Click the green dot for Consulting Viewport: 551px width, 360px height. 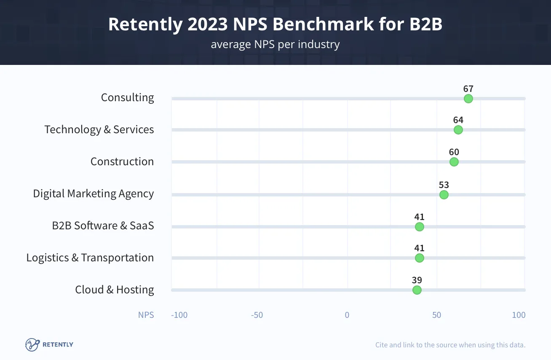tap(468, 99)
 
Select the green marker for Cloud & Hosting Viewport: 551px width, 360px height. tap(417, 290)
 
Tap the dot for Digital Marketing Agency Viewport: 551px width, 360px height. tap(444, 195)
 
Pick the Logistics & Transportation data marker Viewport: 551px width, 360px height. tap(419, 258)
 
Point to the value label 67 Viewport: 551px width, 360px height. tap(468, 89)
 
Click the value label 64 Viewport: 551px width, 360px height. tap(458, 120)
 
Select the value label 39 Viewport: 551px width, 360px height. tap(417, 280)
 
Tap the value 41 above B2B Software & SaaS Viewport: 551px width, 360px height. tap(419, 217)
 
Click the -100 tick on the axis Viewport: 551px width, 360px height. tap(179, 315)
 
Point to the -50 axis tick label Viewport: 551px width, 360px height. tap(257, 315)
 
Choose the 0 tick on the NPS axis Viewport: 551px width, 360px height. tap(347, 315)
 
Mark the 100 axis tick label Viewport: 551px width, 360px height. tap(519, 315)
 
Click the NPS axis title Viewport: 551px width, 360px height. tap(146, 315)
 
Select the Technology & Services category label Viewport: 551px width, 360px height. tap(99, 129)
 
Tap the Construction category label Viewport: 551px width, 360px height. tap(122, 161)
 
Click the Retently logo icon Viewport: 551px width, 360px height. tap(32, 344)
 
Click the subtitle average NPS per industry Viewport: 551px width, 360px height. tap(275, 44)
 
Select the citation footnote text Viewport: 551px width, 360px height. tap(450, 345)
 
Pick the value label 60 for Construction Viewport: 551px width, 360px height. tap(454, 152)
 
